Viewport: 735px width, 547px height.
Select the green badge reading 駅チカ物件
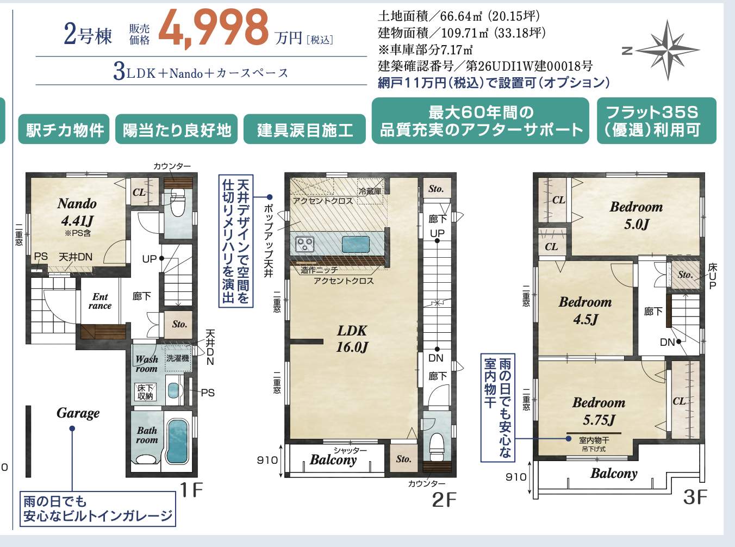coord(64,129)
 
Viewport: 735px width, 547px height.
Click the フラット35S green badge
coord(656,121)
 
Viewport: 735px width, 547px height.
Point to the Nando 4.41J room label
coord(77,213)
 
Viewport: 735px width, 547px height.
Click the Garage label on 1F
coord(78,413)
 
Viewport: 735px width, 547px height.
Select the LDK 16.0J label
coord(352,339)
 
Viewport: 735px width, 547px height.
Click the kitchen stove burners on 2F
coord(305,244)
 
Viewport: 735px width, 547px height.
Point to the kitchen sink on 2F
coord(356,245)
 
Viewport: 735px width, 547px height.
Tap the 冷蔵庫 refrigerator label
coord(370,191)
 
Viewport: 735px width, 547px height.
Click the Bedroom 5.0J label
coord(636,215)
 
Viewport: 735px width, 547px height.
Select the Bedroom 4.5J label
coord(585,310)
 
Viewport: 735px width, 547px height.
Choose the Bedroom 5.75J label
coord(599,411)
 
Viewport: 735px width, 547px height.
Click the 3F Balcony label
coord(614,474)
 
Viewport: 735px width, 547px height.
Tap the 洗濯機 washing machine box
coord(178,358)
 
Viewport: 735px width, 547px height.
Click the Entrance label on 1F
coord(100,301)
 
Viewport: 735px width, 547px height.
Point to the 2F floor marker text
coord(444,500)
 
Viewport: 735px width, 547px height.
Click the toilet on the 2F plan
coord(437,443)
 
